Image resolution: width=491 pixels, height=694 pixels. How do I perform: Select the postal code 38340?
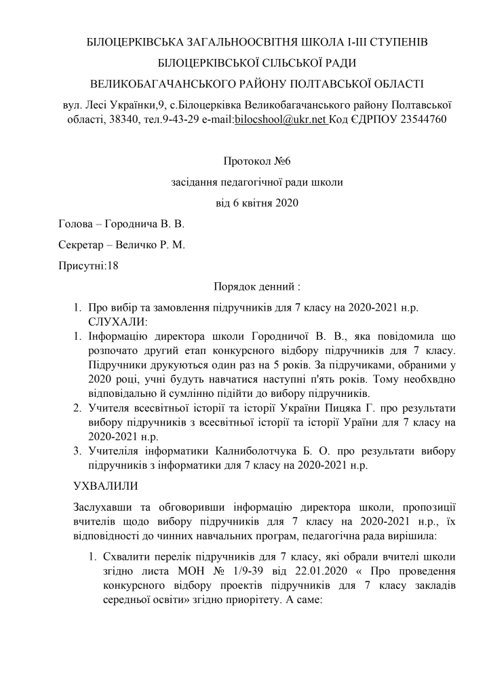[144, 119]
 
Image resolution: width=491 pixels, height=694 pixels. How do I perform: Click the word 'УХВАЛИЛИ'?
[105, 486]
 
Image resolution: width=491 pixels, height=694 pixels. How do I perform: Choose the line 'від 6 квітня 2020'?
[252, 201]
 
